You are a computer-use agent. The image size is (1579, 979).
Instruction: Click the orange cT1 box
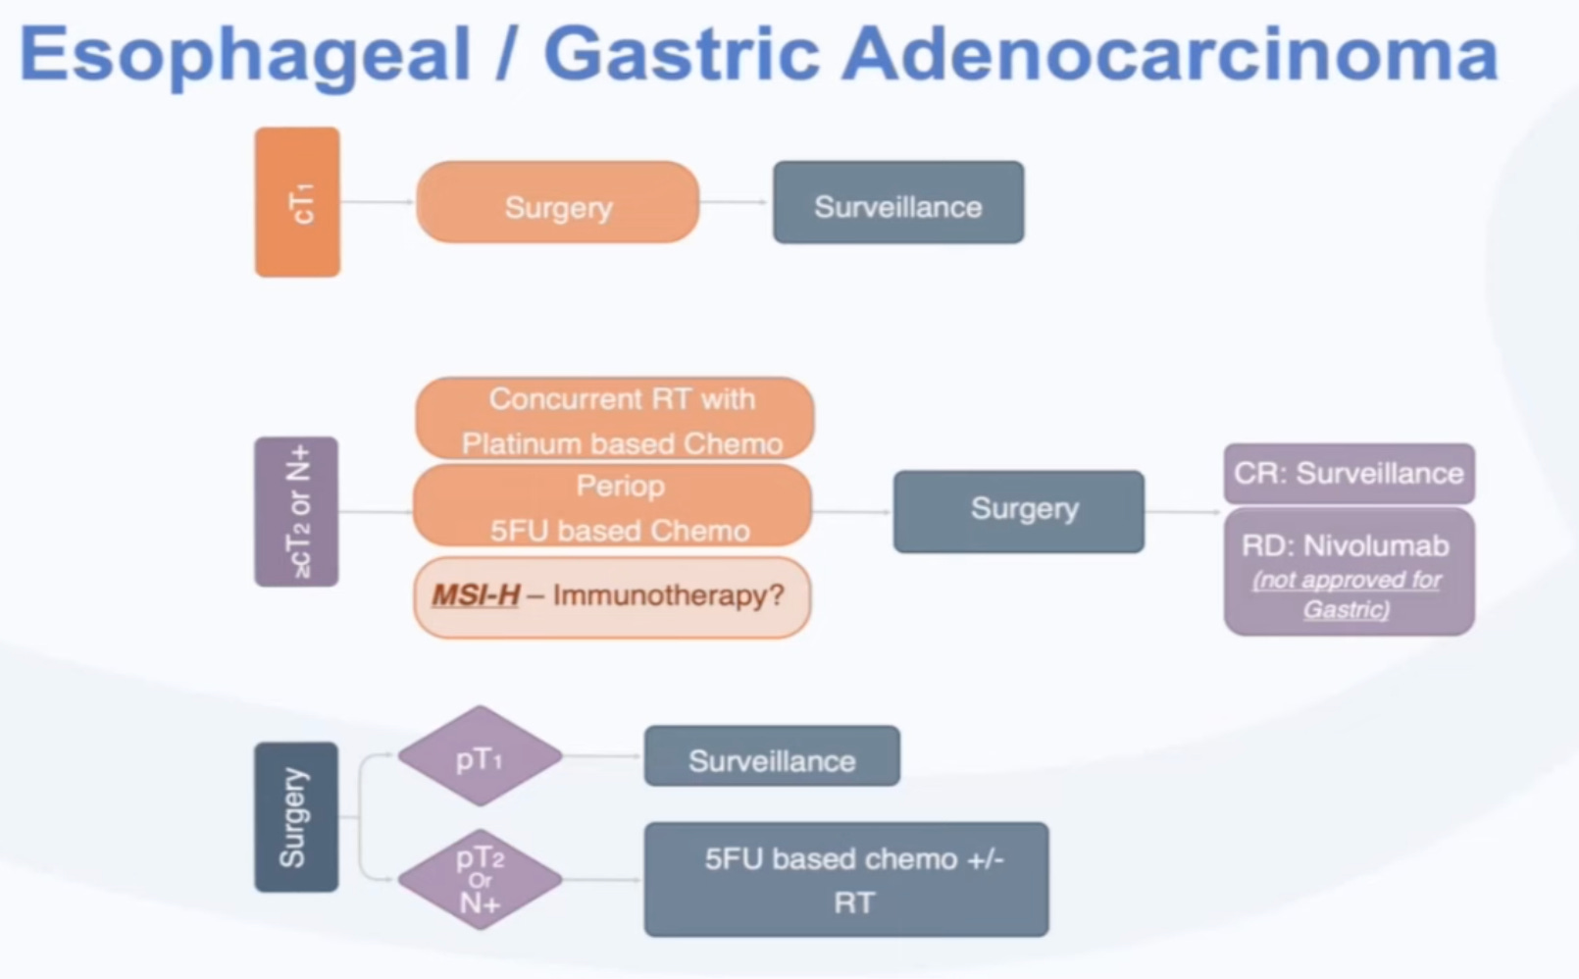coord(297,202)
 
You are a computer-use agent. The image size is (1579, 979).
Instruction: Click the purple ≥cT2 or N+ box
coord(296,511)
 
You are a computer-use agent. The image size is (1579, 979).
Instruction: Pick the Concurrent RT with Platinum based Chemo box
coord(614,419)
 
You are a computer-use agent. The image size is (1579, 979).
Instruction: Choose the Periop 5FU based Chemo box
coord(612,506)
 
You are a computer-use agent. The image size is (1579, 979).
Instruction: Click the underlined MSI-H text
coord(476,595)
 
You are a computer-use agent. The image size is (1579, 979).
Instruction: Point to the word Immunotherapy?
coord(668,595)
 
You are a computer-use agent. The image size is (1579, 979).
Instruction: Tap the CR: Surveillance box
coord(1349,474)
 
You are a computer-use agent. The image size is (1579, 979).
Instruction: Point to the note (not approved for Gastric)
coord(1347,594)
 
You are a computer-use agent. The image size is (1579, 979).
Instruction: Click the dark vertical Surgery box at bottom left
coord(296,817)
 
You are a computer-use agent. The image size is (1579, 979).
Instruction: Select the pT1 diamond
coord(480,756)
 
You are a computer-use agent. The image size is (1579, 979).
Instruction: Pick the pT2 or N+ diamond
coord(480,880)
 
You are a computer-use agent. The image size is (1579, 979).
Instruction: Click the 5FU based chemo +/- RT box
coord(845,880)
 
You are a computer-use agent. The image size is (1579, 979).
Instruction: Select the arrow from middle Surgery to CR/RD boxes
coord(1183,511)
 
